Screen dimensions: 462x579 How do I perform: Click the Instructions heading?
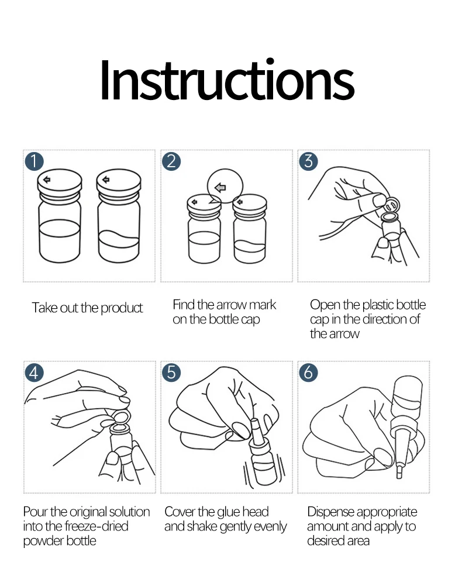tap(227, 80)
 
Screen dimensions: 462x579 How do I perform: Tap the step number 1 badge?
tap(35, 161)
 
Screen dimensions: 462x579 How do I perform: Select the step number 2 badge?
tap(171, 161)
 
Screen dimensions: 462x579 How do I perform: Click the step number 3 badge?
tap(308, 161)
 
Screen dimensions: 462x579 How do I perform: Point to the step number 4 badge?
tap(35, 373)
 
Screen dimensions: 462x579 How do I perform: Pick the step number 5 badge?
tap(171, 373)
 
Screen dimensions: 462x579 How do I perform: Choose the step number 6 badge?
tap(308, 373)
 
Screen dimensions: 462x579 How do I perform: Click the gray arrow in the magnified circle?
tap(220, 188)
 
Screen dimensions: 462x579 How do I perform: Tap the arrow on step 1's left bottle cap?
tap(47, 180)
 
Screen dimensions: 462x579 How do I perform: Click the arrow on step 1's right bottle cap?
tap(106, 180)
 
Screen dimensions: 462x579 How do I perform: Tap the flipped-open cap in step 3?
tap(392, 203)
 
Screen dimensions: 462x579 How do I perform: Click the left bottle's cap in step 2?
tap(204, 204)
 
